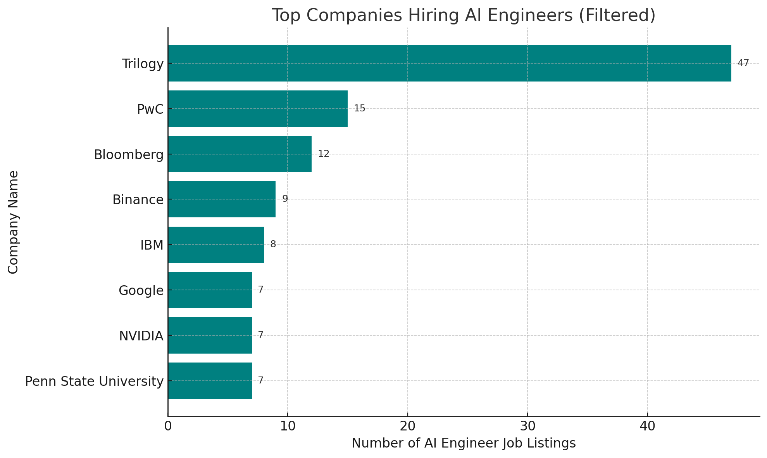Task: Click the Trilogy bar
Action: coord(450,63)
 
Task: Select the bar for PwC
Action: coord(258,109)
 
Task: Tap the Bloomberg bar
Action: coord(240,154)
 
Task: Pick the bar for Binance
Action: coord(222,200)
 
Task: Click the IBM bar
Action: coord(216,245)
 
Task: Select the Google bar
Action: coord(210,290)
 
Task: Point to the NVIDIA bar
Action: coord(210,335)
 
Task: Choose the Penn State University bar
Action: coord(210,381)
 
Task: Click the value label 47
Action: coord(743,63)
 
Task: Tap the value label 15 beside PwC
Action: coord(359,108)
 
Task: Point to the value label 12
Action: coord(324,154)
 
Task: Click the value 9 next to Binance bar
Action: coord(285,199)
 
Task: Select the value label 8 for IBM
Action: coord(273,245)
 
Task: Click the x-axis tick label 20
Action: coord(407,426)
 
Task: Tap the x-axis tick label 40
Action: coord(647,426)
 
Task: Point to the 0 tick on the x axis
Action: coord(168,426)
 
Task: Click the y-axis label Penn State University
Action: coord(94,382)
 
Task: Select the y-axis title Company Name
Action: coord(13,222)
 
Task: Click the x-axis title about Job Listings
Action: coord(464,443)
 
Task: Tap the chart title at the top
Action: coord(464,16)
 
